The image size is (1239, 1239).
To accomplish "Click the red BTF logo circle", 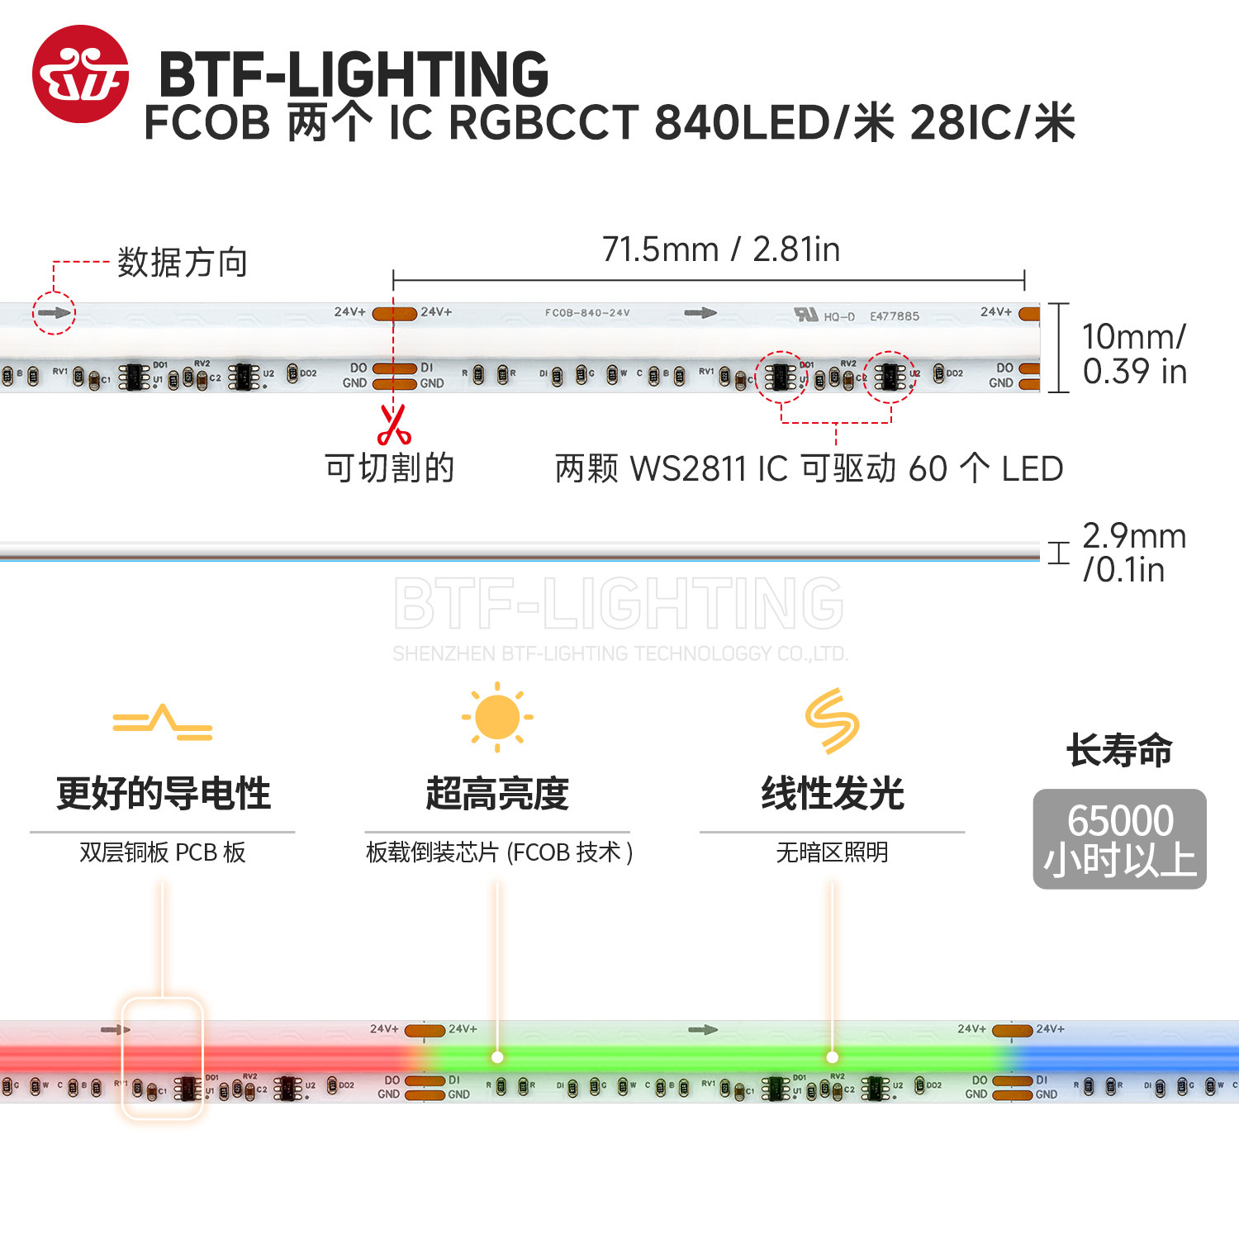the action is pos(80,74).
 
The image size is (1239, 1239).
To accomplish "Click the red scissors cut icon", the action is pos(394,425).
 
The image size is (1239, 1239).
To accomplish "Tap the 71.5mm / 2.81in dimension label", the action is pos(720,249).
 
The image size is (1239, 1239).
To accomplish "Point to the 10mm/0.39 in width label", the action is pos(1134,354).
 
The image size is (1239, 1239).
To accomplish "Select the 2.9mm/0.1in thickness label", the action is pos(1133,553).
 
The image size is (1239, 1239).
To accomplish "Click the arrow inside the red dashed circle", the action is pos(54,313).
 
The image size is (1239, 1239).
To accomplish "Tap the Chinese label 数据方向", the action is pos(183,263).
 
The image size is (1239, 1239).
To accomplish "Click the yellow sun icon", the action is pos(497,717).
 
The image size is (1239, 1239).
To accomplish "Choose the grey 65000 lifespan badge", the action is pos(1119,839).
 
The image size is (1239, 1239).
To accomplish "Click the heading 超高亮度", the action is pos(497,794).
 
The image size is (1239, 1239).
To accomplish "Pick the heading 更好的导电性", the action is pos(163,794).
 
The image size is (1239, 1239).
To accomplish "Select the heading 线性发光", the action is pos(832,794).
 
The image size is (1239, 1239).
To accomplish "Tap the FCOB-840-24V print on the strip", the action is pos(587,313).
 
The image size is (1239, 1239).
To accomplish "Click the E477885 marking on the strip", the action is pos(894,316).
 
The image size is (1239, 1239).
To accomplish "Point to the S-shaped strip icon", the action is pos(832,720).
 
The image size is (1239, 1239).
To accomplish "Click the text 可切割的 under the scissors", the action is pos(390,468).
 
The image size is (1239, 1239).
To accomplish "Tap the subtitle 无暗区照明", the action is pos(832,852).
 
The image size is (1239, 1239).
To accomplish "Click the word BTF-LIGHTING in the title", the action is pos(354,74).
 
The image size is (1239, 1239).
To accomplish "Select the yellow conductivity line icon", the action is pos(163,723).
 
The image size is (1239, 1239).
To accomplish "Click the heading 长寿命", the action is pos(1119,751).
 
